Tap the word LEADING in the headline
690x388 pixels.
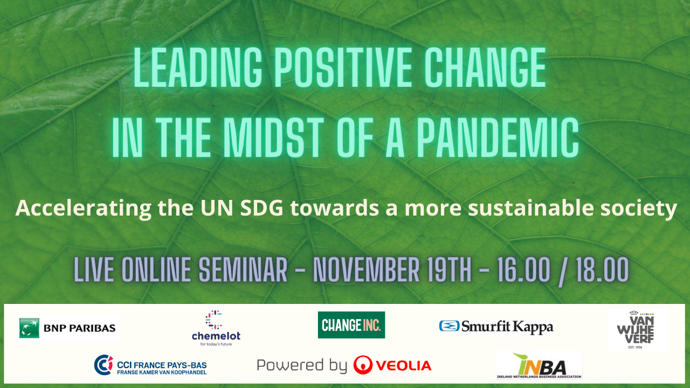click(198, 67)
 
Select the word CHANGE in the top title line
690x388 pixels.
click(486, 67)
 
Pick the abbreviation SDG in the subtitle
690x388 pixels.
click(261, 208)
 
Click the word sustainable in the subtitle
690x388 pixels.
click(531, 208)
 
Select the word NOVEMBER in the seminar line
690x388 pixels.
click(366, 270)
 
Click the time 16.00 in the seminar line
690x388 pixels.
click(523, 270)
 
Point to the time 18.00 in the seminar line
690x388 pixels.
click(603, 270)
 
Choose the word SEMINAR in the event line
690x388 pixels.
click(243, 270)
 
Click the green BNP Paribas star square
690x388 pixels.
click(29, 328)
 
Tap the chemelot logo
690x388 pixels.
click(216, 328)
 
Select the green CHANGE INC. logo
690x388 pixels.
click(351, 325)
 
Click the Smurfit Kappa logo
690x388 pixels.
click(496, 327)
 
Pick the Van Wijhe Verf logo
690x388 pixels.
click(636, 329)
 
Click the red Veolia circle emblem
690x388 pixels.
click(363, 365)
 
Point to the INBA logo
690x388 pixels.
click(539, 365)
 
